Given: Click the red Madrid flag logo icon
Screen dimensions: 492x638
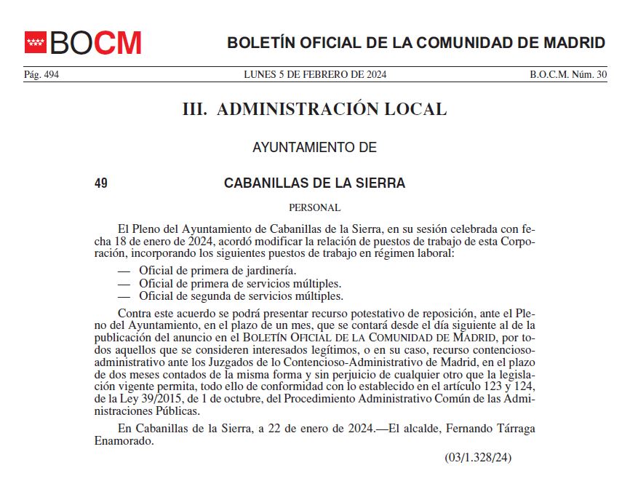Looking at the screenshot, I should pos(36,42).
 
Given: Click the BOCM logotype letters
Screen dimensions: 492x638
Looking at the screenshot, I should pos(95,43).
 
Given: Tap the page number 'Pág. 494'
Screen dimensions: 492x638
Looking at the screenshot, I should pos(41,75).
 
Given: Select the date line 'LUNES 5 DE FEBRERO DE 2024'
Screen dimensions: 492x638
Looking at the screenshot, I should pos(315,75).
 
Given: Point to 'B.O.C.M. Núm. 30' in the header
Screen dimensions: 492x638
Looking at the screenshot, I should pos(568,75).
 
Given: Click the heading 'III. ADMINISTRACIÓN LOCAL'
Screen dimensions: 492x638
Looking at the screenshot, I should pos(314,110).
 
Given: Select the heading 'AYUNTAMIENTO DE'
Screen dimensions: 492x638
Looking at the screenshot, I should pos(314,148).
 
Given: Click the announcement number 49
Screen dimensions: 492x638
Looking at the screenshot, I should pos(101,183).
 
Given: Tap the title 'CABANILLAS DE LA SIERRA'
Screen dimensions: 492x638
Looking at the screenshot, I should pos(314,183).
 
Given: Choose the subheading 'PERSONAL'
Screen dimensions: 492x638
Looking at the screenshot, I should pos(314,207).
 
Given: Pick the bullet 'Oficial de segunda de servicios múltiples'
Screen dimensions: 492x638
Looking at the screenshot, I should pos(241,296).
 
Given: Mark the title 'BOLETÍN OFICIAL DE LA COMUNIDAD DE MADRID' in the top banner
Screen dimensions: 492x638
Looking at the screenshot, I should pos(416,42).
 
